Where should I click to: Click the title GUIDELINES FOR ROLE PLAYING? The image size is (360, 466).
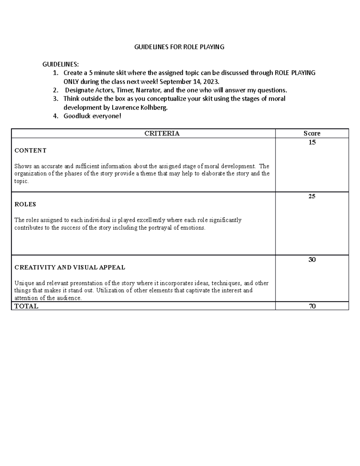pyautogui.click(x=179, y=47)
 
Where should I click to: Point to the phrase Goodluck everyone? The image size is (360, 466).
pyautogui.click(x=92, y=116)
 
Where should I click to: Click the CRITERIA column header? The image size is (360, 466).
pyautogui.click(x=162, y=134)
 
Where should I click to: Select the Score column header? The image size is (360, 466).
pyautogui.click(x=312, y=134)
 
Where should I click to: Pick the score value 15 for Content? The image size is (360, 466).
pyautogui.click(x=312, y=143)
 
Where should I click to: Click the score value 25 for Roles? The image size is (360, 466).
pyautogui.click(x=312, y=197)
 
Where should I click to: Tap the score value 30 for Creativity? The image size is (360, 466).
pyautogui.click(x=312, y=260)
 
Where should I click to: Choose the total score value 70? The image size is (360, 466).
pyautogui.click(x=312, y=306)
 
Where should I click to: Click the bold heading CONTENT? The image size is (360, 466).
pyautogui.click(x=30, y=151)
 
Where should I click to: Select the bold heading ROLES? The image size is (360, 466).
pyautogui.click(x=25, y=204)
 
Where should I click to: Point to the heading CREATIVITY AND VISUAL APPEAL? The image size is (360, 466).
pyautogui.click(x=70, y=267)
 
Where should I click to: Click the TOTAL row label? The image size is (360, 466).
pyautogui.click(x=26, y=306)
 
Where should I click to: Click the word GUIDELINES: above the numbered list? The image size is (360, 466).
pyautogui.click(x=61, y=64)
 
